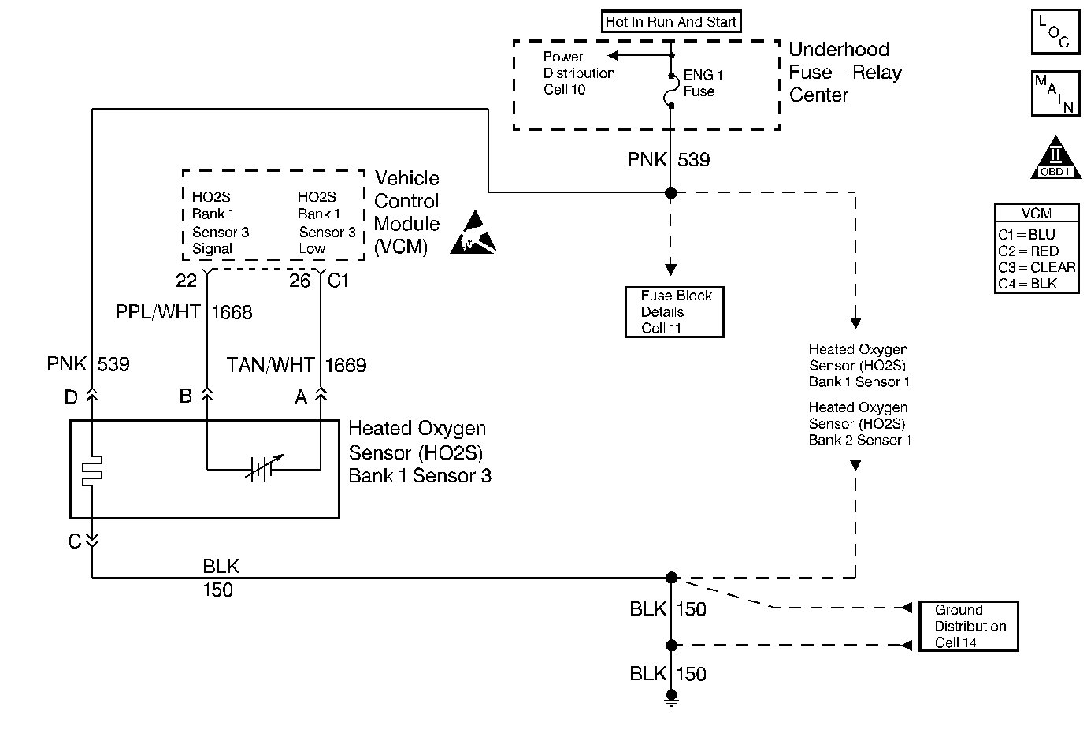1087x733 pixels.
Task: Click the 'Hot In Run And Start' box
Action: point(671,22)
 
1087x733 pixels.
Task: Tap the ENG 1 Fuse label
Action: point(703,83)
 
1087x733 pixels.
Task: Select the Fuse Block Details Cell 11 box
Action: point(674,312)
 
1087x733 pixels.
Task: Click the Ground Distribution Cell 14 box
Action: point(969,626)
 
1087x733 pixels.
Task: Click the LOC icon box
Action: point(1055,32)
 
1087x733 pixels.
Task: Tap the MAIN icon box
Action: point(1055,93)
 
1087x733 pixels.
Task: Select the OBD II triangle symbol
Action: point(1055,160)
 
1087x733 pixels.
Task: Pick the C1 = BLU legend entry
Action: point(1026,235)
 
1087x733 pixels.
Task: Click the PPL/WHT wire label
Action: point(158,313)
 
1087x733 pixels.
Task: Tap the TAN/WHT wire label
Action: point(270,365)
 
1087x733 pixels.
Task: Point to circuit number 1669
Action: point(346,365)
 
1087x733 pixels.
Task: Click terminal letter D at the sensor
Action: point(71,397)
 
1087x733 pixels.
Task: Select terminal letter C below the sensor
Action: point(74,541)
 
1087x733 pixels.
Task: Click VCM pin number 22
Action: point(187,281)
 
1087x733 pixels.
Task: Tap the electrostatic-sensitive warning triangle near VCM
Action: point(474,234)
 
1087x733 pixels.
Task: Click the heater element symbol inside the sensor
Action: point(92,470)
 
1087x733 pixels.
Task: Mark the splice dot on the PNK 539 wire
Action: point(671,192)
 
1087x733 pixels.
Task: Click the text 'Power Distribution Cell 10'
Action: point(579,73)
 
